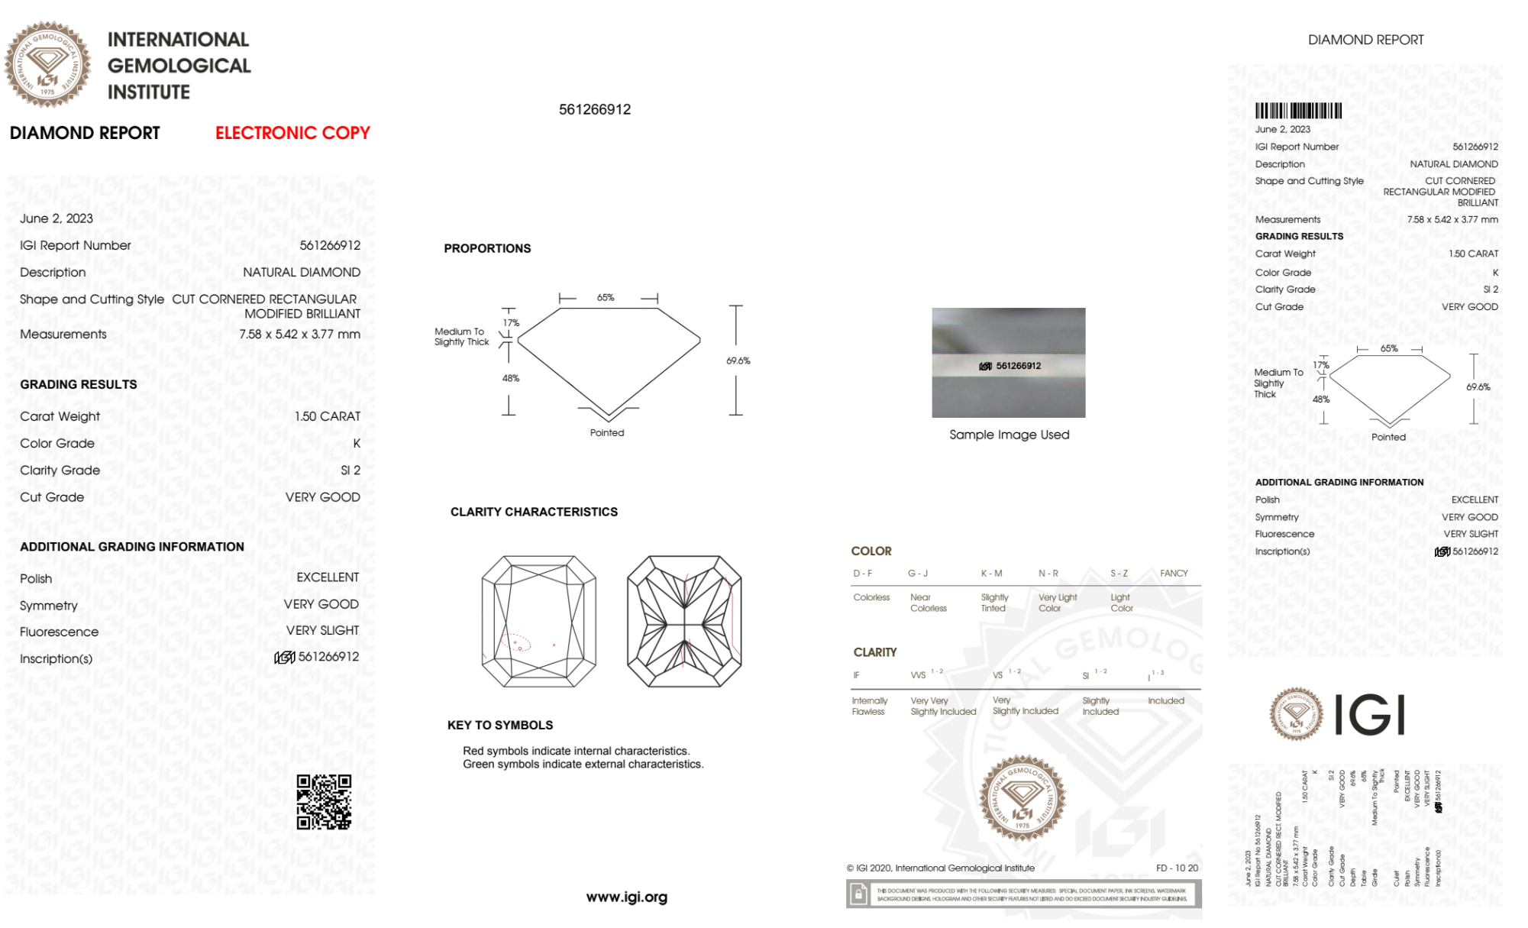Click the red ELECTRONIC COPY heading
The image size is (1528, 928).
[292, 133]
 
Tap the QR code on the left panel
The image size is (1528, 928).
[324, 802]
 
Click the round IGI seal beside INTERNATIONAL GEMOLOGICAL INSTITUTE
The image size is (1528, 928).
[47, 65]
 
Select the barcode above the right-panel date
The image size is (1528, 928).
[1298, 111]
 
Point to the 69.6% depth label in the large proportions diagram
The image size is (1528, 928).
[738, 361]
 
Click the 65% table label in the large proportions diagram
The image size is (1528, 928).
[606, 298]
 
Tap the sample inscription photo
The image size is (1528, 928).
[1008, 363]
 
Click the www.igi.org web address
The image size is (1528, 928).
[626, 897]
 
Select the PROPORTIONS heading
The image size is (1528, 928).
[487, 248]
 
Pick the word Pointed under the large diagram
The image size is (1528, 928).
[607, 432]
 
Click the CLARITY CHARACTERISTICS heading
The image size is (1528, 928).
[534, 512]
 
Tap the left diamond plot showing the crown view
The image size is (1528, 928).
[538, 621]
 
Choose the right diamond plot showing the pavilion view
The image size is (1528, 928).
[684, 621]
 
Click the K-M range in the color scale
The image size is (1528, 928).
[991, 573]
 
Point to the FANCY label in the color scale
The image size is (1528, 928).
[1174, 573]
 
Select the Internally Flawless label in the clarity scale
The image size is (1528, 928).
[869, 706]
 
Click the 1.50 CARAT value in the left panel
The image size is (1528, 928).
[328, 416]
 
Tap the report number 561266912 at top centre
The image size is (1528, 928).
[595, 109]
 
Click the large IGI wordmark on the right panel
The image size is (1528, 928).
[1370, 715]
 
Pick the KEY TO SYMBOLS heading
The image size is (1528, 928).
[500, 725]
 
